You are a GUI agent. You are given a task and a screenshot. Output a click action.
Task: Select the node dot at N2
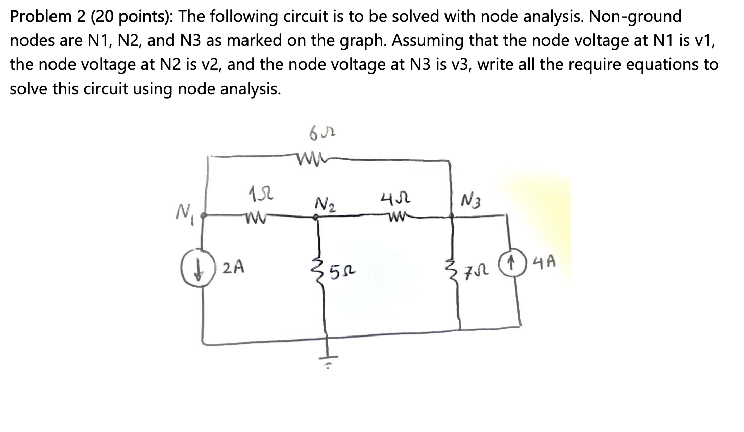coord(317,217)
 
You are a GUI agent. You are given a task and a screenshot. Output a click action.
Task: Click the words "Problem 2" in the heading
coord(41,17)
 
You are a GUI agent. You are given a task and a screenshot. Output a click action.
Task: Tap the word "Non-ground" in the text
coord(635,17)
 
